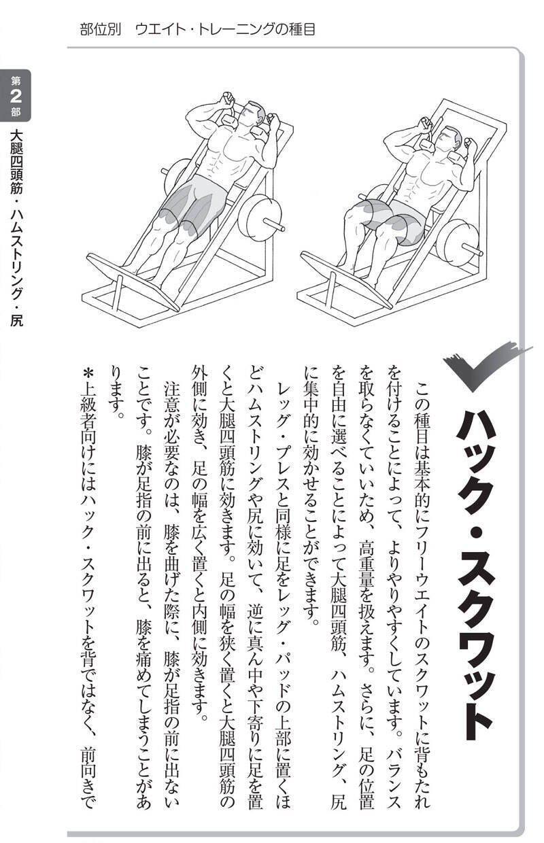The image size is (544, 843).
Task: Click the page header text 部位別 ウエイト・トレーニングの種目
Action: point(197,29)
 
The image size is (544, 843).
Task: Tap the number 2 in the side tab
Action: point(16,96)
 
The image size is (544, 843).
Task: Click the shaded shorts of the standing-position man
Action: point(194,203)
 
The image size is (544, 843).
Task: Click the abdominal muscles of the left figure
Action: point(218,157)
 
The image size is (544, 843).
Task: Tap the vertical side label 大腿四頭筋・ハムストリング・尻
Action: point(16,228)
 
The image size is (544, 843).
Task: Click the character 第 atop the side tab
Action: point(16,80)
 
